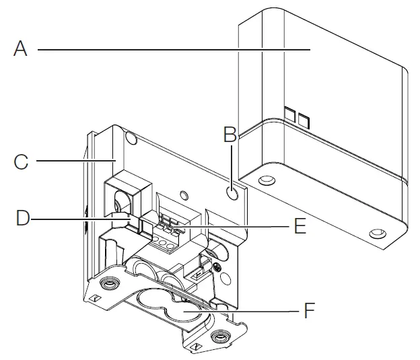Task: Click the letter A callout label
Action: tap(22, 49)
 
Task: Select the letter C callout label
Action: tap(22, 161)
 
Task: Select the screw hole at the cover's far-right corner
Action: tap(377, 233)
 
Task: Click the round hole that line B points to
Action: tap(232, 192)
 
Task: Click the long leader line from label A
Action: tap(168, 49)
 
